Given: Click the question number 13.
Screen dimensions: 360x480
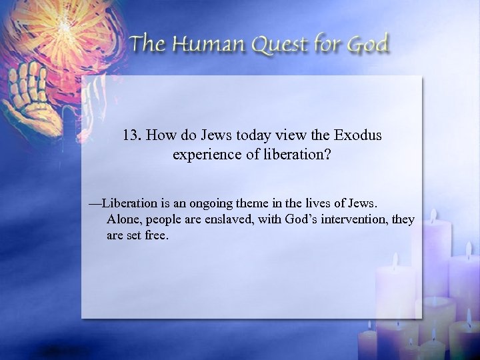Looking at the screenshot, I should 132,135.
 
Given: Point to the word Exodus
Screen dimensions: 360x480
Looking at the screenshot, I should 359,135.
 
